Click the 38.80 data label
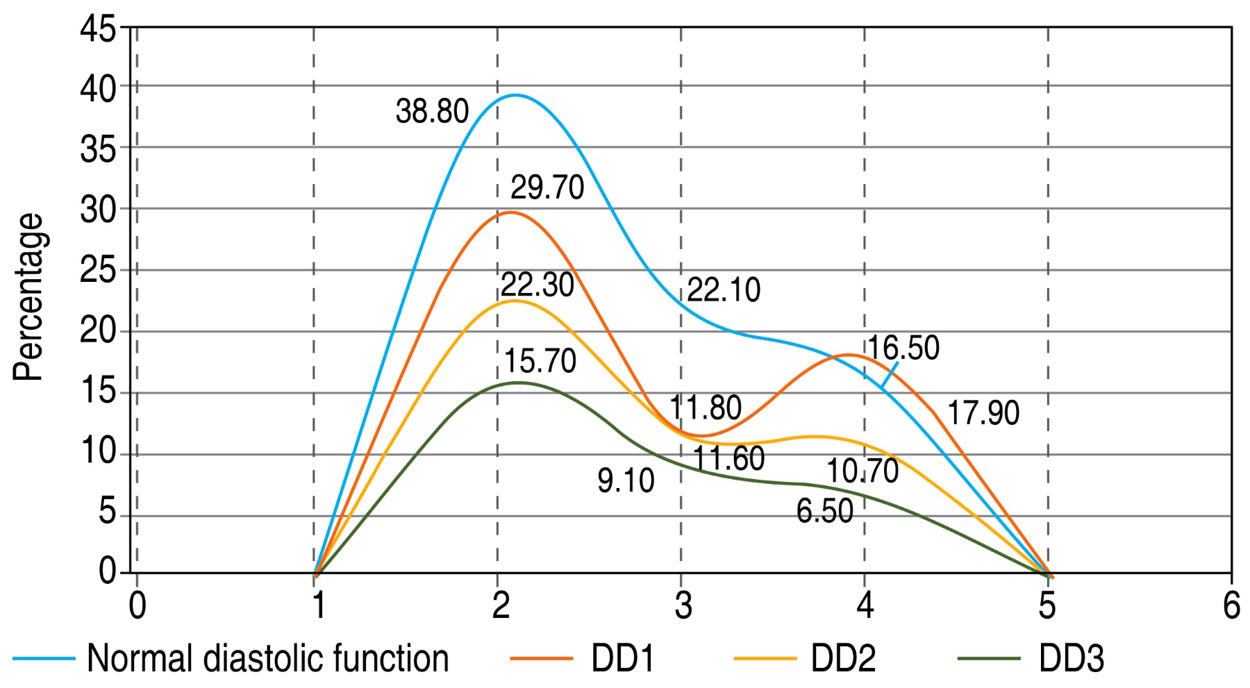tap(432, 112)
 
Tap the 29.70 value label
tap(547, 187)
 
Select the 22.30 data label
tap(537, 285)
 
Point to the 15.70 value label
tap(540, 362)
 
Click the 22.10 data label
tap(724, 290)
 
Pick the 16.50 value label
tap(903, 348)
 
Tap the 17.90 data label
tap(983, 413)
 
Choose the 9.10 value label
tap(626, 481)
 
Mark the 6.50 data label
tap(825, 512)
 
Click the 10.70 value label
tap(862, 471)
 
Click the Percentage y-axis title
tap(29, 297)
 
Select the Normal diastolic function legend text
tap(268, 658)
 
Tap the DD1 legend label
tap(623, 658)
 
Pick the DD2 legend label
tap(843, 658)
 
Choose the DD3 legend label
tap(1071, 658)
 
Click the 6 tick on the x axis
tap(1231, 606)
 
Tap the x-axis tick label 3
tap(683, 606)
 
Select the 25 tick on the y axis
tap(99, 271)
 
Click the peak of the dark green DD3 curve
tap(517, 383)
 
